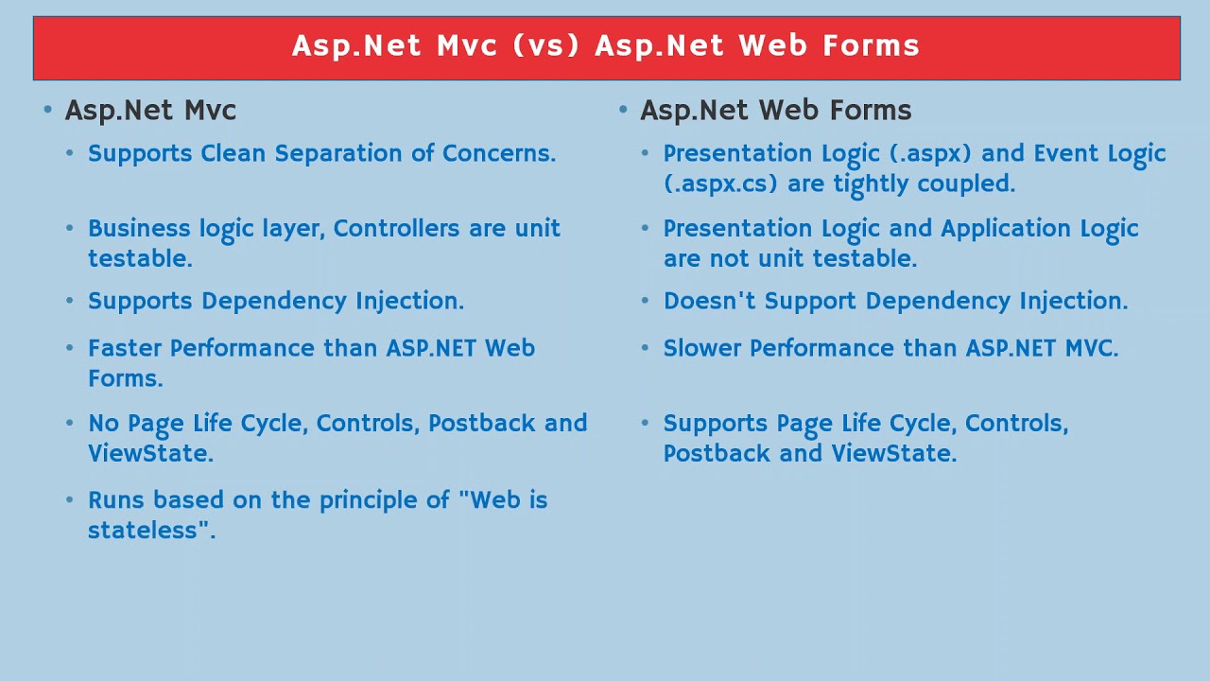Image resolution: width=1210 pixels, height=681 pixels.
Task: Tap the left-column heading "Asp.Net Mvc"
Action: coord(150,112)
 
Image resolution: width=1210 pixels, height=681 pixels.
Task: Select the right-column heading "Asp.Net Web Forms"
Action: coord(776,111)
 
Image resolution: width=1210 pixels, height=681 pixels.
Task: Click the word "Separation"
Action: coord(338,154)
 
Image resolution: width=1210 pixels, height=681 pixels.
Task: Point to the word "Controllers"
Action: coord(396,228)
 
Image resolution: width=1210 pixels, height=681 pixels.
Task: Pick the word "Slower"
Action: coord(701,348)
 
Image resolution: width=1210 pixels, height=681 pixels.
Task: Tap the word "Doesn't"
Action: coord(709,301)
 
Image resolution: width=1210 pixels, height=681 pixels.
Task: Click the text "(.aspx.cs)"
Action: coord(720,184)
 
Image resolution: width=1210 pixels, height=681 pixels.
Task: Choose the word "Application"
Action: coord(1006,229)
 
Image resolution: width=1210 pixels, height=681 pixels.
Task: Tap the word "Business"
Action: coord(139,228)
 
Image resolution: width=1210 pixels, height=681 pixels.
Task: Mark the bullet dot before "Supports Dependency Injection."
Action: coord(70,300)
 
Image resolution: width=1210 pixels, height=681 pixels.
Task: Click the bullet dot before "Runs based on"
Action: coord(70,499)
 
